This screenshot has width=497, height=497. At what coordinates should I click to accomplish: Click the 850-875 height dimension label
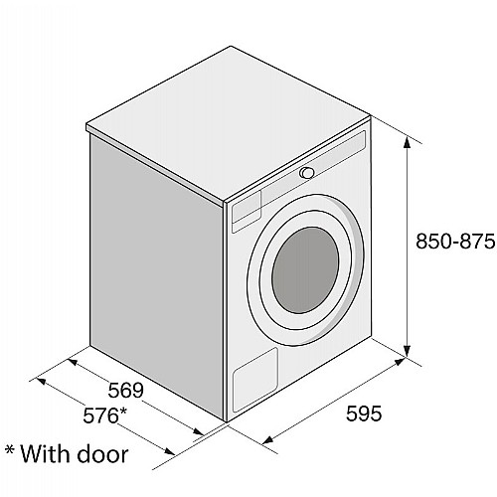click(x=455, y=242)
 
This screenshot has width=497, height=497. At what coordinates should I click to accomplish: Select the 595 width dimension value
click(x=364, y=414)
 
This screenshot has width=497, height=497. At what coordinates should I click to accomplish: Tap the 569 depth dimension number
click(x=126, y=390)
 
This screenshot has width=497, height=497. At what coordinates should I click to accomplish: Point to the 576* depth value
click(x=104, y=415)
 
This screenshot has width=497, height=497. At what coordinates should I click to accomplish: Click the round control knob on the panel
click(x=307, y=173)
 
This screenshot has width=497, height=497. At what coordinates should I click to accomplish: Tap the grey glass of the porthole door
click(x=305, y=270)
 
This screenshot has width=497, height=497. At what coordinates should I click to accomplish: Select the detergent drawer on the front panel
click(x=247, y=210)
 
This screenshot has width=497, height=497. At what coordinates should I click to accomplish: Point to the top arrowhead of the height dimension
click(x=408, y=142)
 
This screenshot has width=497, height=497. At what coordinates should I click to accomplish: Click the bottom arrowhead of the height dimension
click(x=408, y=351)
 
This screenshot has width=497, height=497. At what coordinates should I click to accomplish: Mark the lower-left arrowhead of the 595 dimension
click(x=267, y=439)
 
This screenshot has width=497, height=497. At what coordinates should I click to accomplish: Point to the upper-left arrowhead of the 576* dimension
click(x=41, y=381)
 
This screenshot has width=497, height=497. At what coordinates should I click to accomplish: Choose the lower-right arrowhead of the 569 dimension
click(x=198, y=431)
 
